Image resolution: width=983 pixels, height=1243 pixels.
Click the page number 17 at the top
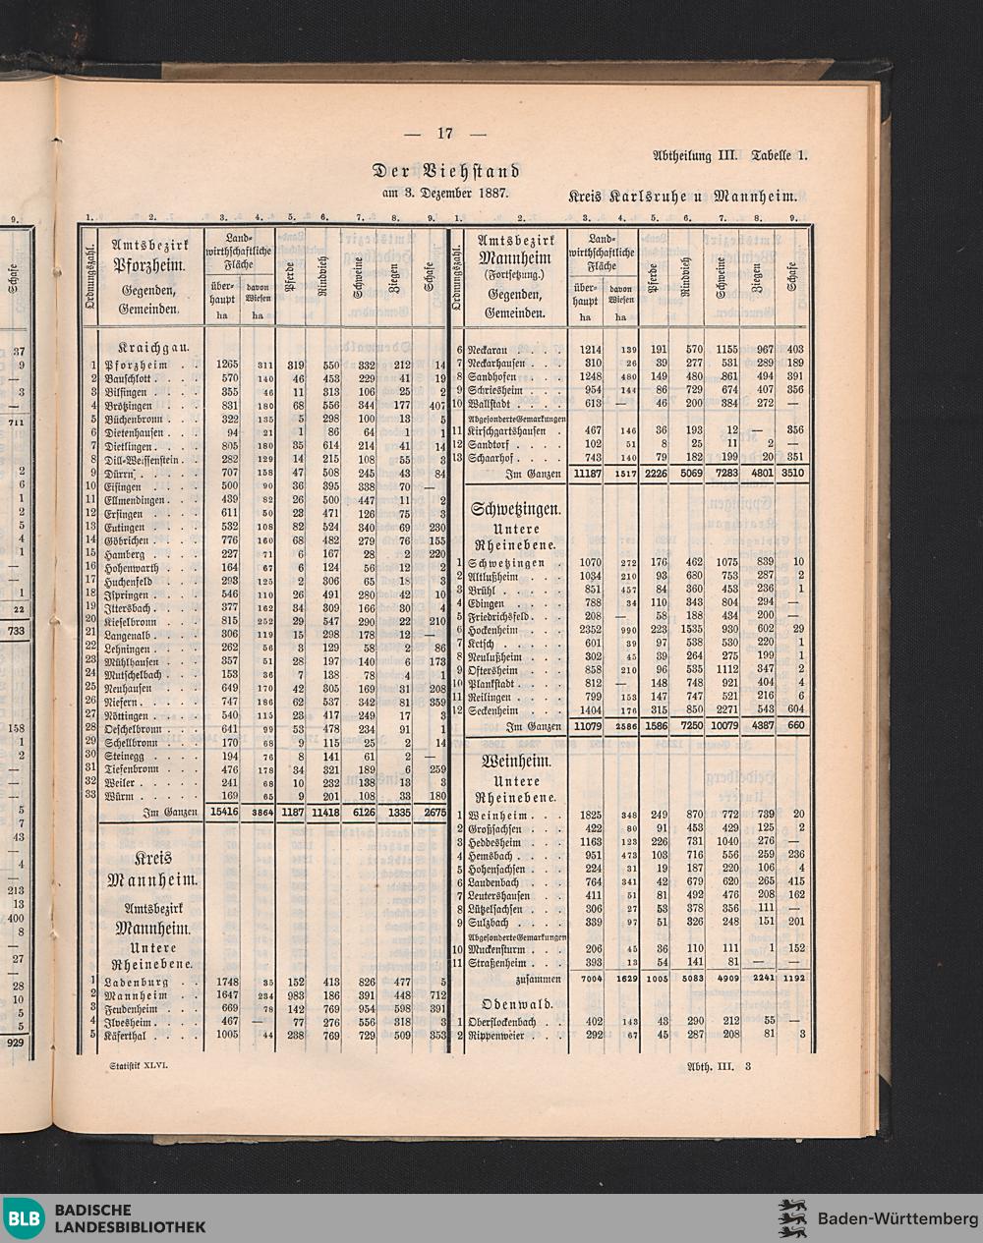coord(444,134)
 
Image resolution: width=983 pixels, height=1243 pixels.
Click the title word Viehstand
coord(475,171)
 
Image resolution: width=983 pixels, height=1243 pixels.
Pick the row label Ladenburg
coord(137,981)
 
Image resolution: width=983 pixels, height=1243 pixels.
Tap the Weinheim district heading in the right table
coord(515,762)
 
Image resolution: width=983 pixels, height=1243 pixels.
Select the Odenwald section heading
coord(517,1005)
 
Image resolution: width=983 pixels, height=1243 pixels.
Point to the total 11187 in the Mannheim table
coord(586,473)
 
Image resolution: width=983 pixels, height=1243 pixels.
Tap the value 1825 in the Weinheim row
coord(590,815)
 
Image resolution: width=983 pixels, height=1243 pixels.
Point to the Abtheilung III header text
coord(695,155)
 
